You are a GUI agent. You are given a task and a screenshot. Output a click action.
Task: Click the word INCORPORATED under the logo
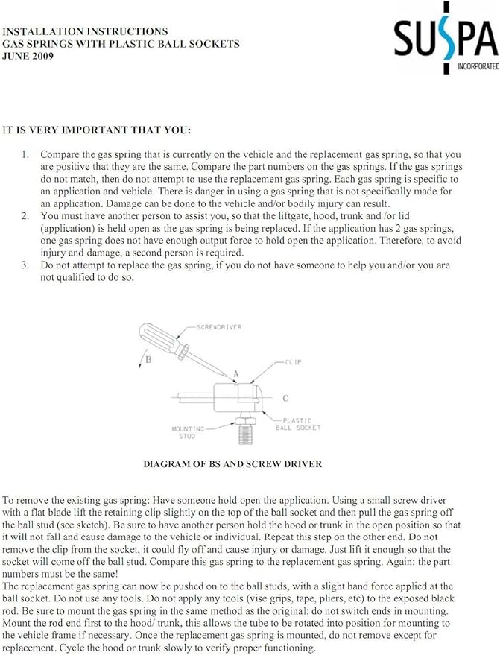pyautogui.click(x=478, y=66)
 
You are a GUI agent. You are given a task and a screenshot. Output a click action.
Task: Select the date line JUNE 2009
pyautogui.click(x=28, y=56)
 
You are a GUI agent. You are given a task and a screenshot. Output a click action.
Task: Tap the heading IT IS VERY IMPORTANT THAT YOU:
pyautogui.click(x=96, y=130)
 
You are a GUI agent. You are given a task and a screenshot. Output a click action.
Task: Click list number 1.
pyautogui.click(x=25, y=154)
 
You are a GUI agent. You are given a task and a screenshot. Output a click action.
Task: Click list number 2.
pyautogui.click(x=25, y=216)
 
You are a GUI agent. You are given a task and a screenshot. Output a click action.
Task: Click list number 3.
pyautogui.click(x=25, y=265)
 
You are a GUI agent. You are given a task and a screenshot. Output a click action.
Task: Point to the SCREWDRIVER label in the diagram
pyautogui.click(x=219, y=327)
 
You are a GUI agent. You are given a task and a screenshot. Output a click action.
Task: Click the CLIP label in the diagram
pyautogui.click(x=293, y=362)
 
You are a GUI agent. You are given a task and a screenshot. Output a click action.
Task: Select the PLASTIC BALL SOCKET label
pyautogui.click(x=298, y=424)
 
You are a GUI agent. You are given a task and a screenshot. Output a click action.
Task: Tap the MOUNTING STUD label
pyautogui.click(x=188, y=432)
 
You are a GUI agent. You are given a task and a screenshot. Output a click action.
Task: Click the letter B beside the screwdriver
pyautogui.click(x=148, y=359)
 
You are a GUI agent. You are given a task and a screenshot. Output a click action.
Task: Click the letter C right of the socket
pyautogui.click(x=285, y=398)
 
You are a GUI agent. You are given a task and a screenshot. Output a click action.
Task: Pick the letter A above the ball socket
pyautogui.click(x=236, y=374)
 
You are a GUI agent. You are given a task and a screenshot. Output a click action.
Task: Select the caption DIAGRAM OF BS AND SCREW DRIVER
pyautogui.click(x=232, y=464)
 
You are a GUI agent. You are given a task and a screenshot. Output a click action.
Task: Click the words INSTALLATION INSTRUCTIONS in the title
pyautogui.click(x=85, y=31)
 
